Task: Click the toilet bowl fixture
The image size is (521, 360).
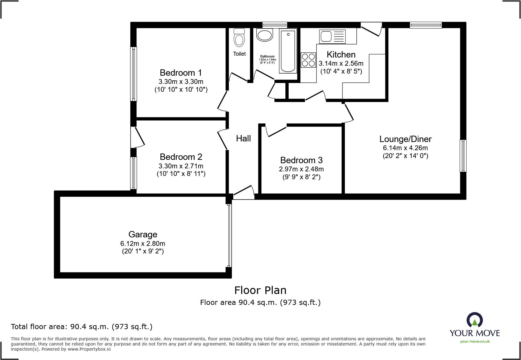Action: [239, 38]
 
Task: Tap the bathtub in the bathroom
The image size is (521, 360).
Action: [288, 51]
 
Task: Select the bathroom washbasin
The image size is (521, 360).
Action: [265, 35]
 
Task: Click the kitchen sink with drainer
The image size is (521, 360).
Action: [332, 37]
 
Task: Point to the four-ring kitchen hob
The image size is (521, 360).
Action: [308, 60]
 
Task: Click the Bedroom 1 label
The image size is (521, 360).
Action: [181, 73]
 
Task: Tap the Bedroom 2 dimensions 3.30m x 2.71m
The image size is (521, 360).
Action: [181, 166]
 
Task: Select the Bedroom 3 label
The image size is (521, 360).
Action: [301, 160]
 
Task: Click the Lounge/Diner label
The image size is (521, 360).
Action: [405, 139]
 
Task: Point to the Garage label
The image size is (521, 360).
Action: [143, 235]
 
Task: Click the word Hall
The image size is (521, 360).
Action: [244, 138]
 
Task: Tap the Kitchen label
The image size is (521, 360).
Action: [341, 54]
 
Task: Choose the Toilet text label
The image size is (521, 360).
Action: [239, 54]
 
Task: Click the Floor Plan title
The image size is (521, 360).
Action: [260, 290]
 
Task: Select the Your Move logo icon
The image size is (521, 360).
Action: [475, 320]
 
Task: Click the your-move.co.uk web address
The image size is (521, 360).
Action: [475, 342]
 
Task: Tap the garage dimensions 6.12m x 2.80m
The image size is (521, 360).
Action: [143, 243]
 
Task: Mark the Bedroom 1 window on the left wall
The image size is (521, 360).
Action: [133, 74]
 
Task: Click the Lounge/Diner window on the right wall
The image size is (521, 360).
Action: [463, 156]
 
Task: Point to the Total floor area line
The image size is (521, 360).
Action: [82, 327]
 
